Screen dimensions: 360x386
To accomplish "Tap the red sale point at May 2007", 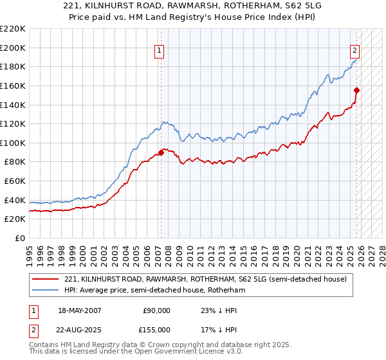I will point(161,152).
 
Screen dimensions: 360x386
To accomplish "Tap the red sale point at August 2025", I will point(357,91).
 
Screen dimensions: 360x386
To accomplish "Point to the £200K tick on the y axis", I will point(13,48).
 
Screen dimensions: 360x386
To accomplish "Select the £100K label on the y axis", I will point(13,143).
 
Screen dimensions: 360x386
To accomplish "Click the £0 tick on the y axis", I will point(19,238).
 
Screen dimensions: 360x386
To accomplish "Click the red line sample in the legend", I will point(46,279).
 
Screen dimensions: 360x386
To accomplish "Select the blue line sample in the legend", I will point(46,290).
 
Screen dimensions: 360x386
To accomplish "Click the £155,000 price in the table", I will point(156,330).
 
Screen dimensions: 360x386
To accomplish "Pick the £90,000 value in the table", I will point(156,310).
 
